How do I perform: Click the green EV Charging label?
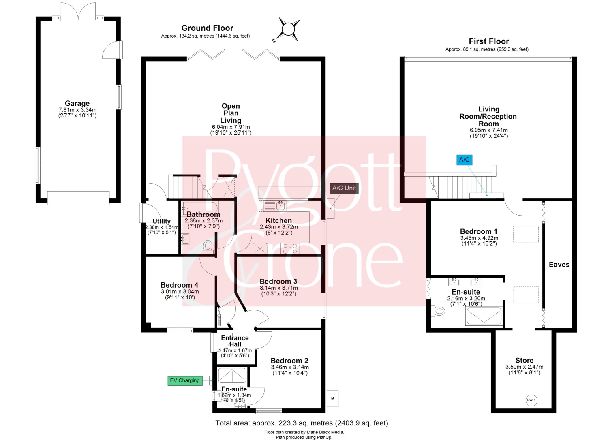point(185,380)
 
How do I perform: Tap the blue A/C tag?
point(464,160)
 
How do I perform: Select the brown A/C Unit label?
point(344,188)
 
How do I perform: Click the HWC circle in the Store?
point(531,400)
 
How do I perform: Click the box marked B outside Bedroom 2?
point(332,398)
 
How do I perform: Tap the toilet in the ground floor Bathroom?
point(208,247)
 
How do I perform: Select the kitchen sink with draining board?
point(272,206)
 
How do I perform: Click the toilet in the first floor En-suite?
point(438,311)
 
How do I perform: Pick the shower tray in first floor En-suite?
point(484,316)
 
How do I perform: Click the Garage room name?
point(77,103)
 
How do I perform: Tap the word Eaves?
point(559,265)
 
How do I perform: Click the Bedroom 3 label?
point(278,282)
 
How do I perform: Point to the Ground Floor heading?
point(207,28)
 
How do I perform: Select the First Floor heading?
point(489,41)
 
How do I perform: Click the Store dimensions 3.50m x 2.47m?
point(524,367)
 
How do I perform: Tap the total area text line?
point(302,423)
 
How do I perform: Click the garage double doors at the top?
point(78,11)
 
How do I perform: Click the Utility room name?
point(161,221)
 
